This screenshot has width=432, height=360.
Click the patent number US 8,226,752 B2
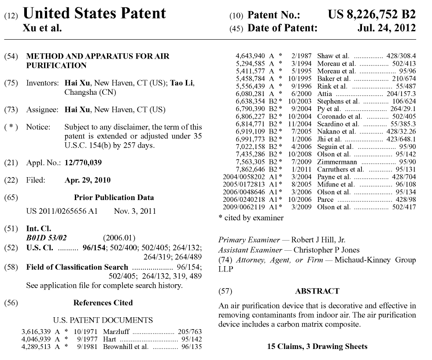click(x=371, y=14)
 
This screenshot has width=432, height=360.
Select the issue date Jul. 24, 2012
click(x=387, y=28)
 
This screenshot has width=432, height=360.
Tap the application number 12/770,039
click(x=83, y=163)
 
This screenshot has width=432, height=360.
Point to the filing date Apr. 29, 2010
click(x=88, y=180)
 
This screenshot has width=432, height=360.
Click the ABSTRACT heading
click(x=317, y=291)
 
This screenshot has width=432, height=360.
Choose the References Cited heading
click(x=103, y=303)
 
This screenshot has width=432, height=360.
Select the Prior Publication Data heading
click(x=114, y=197)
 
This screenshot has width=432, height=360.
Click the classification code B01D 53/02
click(x=47, y=238)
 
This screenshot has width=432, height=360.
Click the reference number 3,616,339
click(x=37, y=331)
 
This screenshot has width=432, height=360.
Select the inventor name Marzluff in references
click(x=116, y=331)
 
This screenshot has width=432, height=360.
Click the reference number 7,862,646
click(x=251, y=169)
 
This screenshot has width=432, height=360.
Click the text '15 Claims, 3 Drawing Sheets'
click(x=317, y=346)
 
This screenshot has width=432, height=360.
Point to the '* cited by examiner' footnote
click(x=251, y=218)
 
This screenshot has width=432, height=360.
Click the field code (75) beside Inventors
click(x=11, y=83)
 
